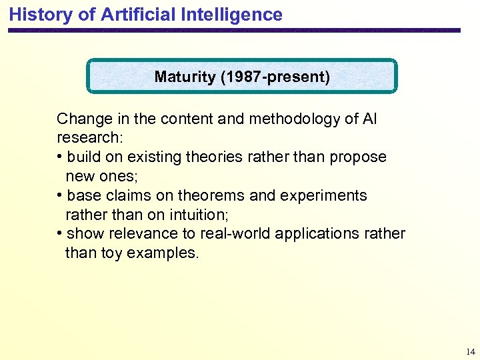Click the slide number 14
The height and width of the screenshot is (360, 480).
471,351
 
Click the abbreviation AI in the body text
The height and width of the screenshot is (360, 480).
369,119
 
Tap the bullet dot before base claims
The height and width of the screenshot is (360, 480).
60,195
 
